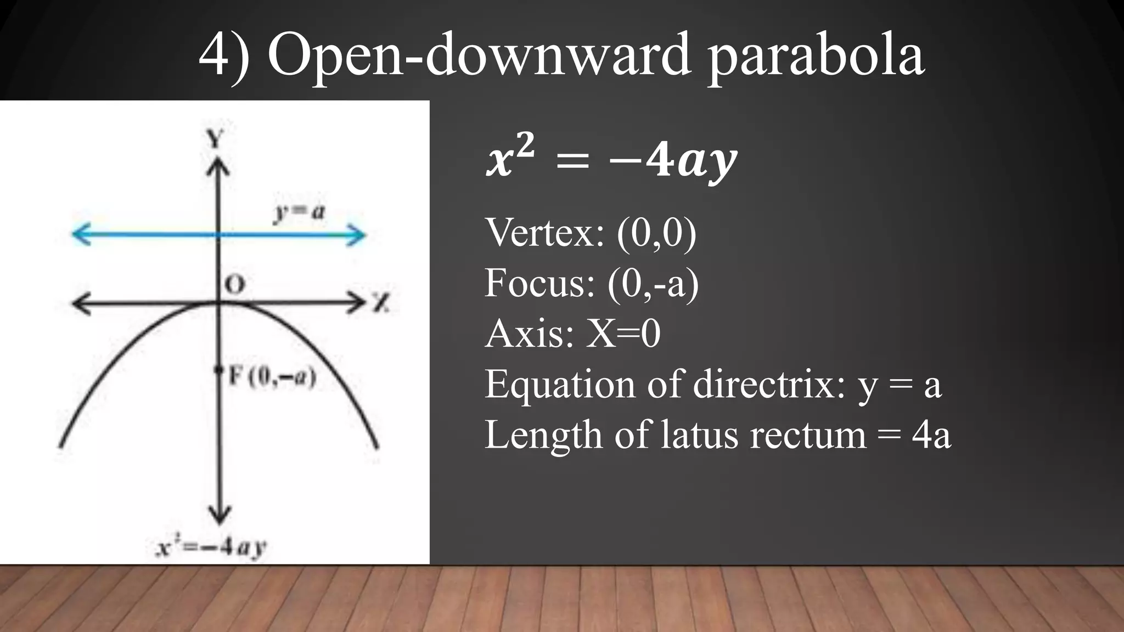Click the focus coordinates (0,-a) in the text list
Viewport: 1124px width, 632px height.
coord(653,283)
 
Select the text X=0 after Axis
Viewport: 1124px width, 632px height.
coord(623,334)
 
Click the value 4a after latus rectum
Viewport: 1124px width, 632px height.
coord(931,435)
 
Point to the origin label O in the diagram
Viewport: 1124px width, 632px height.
coord(235,285)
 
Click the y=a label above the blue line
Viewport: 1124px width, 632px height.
coord(299,212)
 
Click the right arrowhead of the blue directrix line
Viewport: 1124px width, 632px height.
coord(358,235)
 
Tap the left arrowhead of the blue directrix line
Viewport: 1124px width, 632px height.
coord(80,235)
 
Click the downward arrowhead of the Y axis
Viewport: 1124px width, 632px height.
coord(220,516)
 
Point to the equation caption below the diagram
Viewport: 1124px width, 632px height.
coord(211,548)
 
